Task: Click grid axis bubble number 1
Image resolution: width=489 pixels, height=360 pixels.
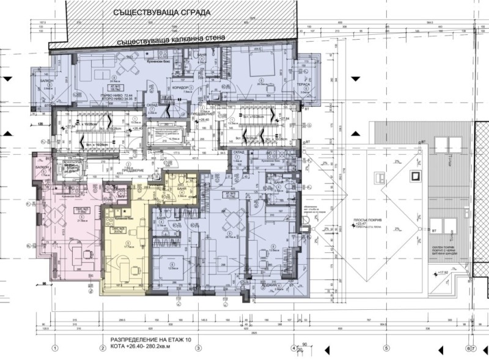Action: pyautogui.click(x=54, y=348)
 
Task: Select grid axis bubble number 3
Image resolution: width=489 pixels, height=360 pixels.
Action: pyautogui.click(x=197, y=348)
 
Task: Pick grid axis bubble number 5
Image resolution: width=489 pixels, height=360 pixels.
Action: pyautogui.click(x=386, y=348)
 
